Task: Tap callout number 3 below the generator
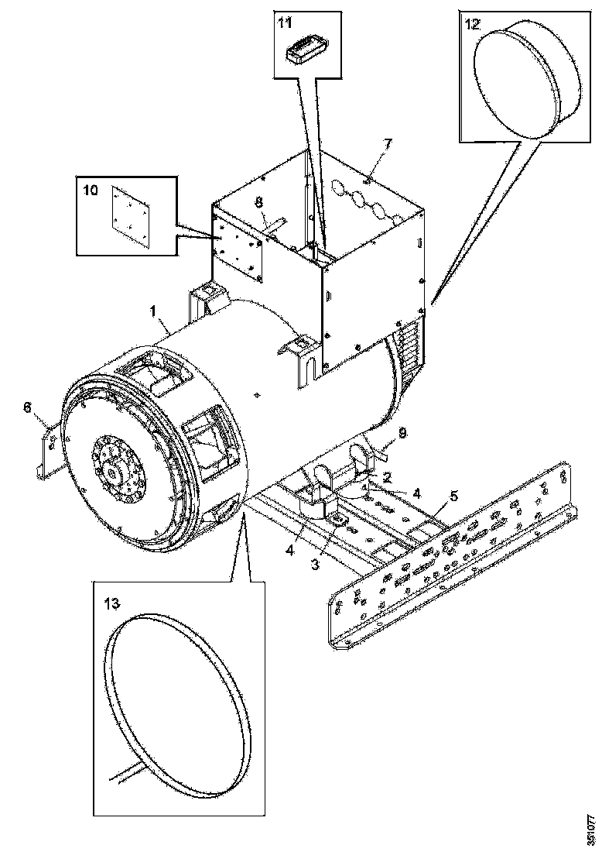click(315, 565)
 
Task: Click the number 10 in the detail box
click(91, 190)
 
